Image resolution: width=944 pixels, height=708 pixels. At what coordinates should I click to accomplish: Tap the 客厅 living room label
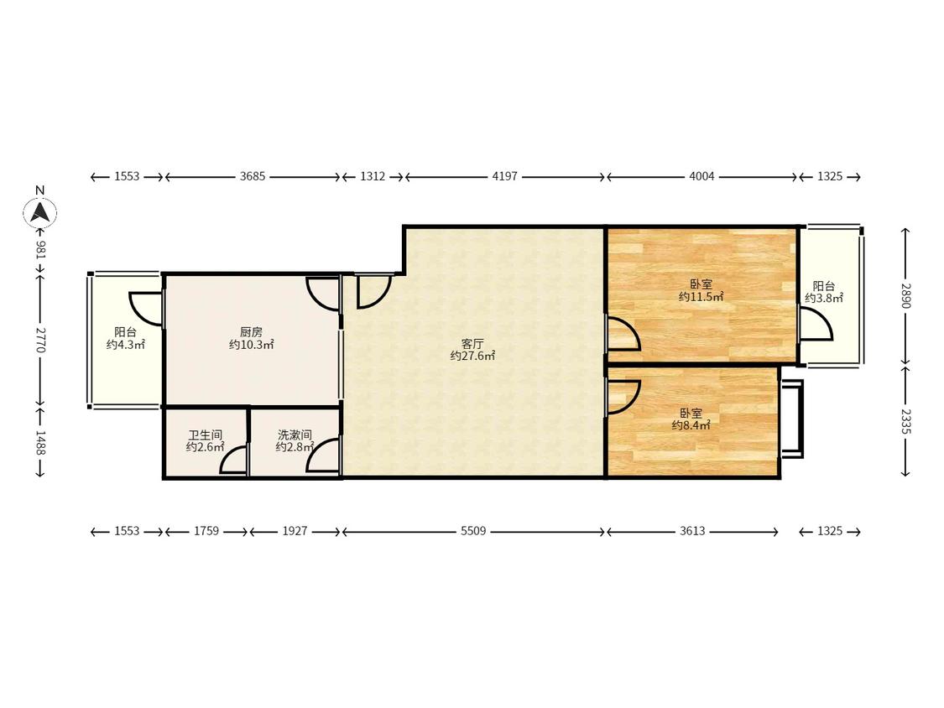pos(472,344)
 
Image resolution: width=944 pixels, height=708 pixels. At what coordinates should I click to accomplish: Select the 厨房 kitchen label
pos(251,331)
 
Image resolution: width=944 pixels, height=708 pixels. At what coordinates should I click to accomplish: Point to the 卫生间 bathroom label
pos(206,435)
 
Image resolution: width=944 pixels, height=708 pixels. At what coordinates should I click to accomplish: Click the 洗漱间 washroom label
pos(295,435)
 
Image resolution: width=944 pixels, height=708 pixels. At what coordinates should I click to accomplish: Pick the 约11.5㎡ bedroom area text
pos(701,296)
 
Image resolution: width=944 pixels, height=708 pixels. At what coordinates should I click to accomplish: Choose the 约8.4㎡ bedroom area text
pos(691,425)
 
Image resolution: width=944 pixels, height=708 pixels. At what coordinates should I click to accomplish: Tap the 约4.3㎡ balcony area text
pos(126,345)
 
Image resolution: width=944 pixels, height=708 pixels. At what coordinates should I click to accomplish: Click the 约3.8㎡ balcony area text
pos(824,298)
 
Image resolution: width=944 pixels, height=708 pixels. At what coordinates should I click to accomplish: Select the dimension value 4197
pos(504,176)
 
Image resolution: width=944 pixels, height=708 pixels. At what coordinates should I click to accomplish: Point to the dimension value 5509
pos(473,531)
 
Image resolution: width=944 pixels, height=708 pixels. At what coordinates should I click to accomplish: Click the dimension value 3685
pos(253,176)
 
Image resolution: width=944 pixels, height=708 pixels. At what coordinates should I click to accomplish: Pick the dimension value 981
pos(40,250)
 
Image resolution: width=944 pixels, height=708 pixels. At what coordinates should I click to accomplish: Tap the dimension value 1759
pos(206,531)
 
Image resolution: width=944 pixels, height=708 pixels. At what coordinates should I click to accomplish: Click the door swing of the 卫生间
pos(232,460)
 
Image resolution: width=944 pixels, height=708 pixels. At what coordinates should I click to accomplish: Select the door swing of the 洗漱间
pos(322,456)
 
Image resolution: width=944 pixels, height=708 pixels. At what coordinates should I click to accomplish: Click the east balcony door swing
pos(816,324)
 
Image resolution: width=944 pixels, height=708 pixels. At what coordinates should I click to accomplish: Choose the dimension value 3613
pos(692,531)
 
